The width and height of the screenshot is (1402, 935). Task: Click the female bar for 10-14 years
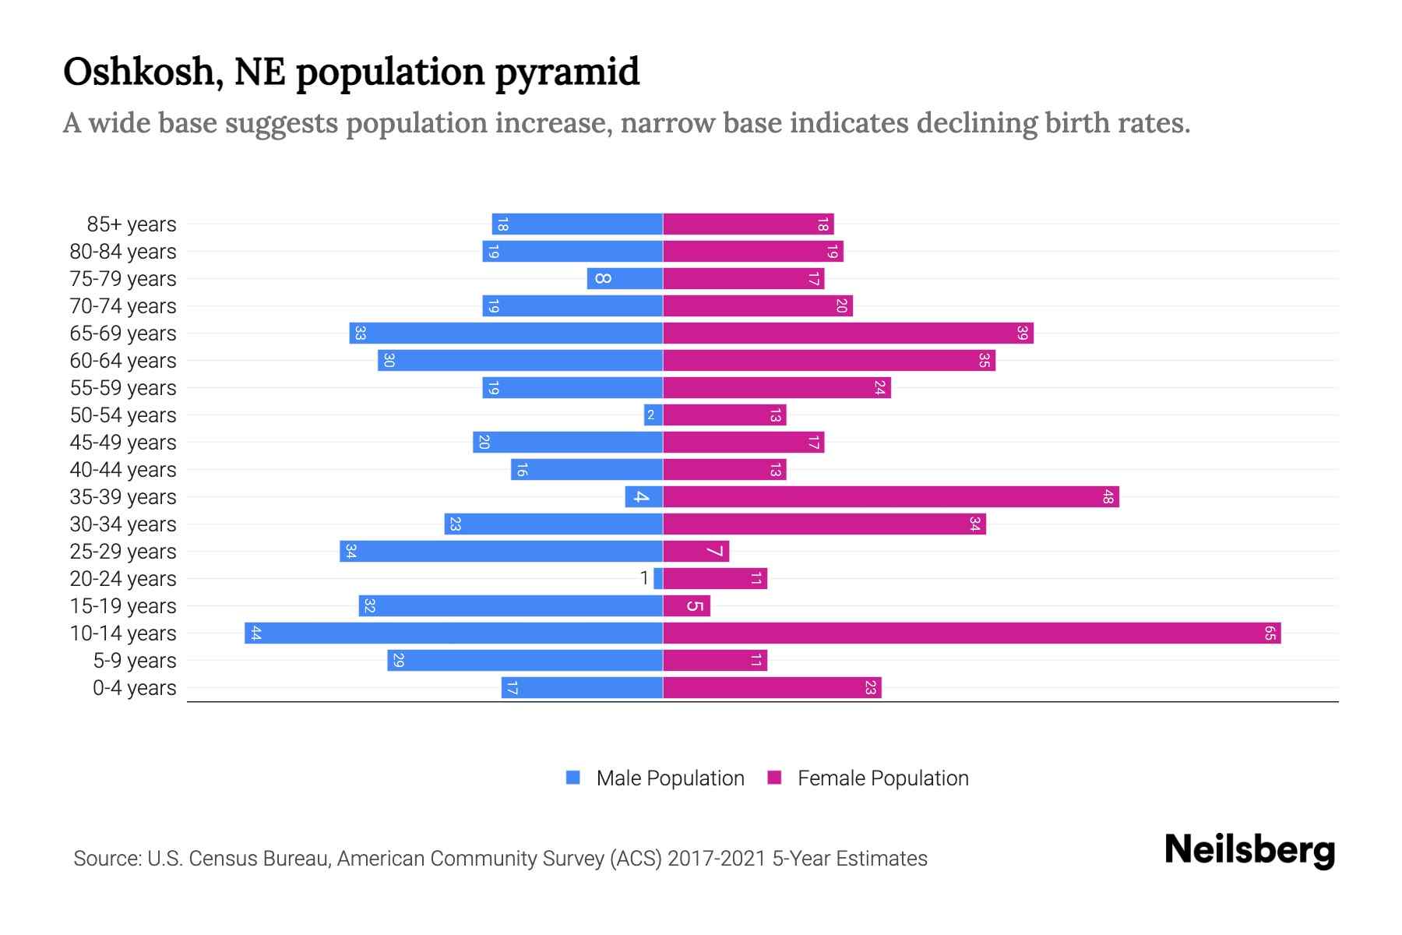pyautogui.click(x=971, y=633)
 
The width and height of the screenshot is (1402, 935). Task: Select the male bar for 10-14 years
pyautogui.click(x=453, y=633)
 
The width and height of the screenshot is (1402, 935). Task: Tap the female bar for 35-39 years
pyautogui.click(x=890, y=496)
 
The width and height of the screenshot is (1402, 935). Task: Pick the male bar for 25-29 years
pyautogui.click(x=501, y=551)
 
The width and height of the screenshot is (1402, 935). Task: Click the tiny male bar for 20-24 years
pyautogui.click(x=658, y=578)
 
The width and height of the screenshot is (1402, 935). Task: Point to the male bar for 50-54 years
pyautogui.click(x=653, y=415)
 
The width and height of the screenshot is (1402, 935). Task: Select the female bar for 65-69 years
pyautogui.click(x=847, y=333)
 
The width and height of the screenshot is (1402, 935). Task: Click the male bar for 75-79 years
pyautogui.click(x=625, y=278)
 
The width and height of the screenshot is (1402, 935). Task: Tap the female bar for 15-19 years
pyautogui.click(x=686, y=605)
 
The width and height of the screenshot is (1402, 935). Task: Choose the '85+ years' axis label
pyautogui.click(x=131, y=224)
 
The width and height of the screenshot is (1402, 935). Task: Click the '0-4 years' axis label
pyautogui.click(x=134, y=688)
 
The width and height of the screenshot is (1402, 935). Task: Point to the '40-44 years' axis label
pyautogui.click(x=123, y=470)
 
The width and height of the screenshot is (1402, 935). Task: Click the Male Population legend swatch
pyautogui.click(x=573, y=778)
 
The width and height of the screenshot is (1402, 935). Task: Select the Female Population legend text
pyautogui.click(x=882, y=778)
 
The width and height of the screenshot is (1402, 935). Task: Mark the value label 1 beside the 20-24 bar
pyautogui.click(x=644, y=578)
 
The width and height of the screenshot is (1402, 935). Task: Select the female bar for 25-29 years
pyautogui.click(x=696, y=551)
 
